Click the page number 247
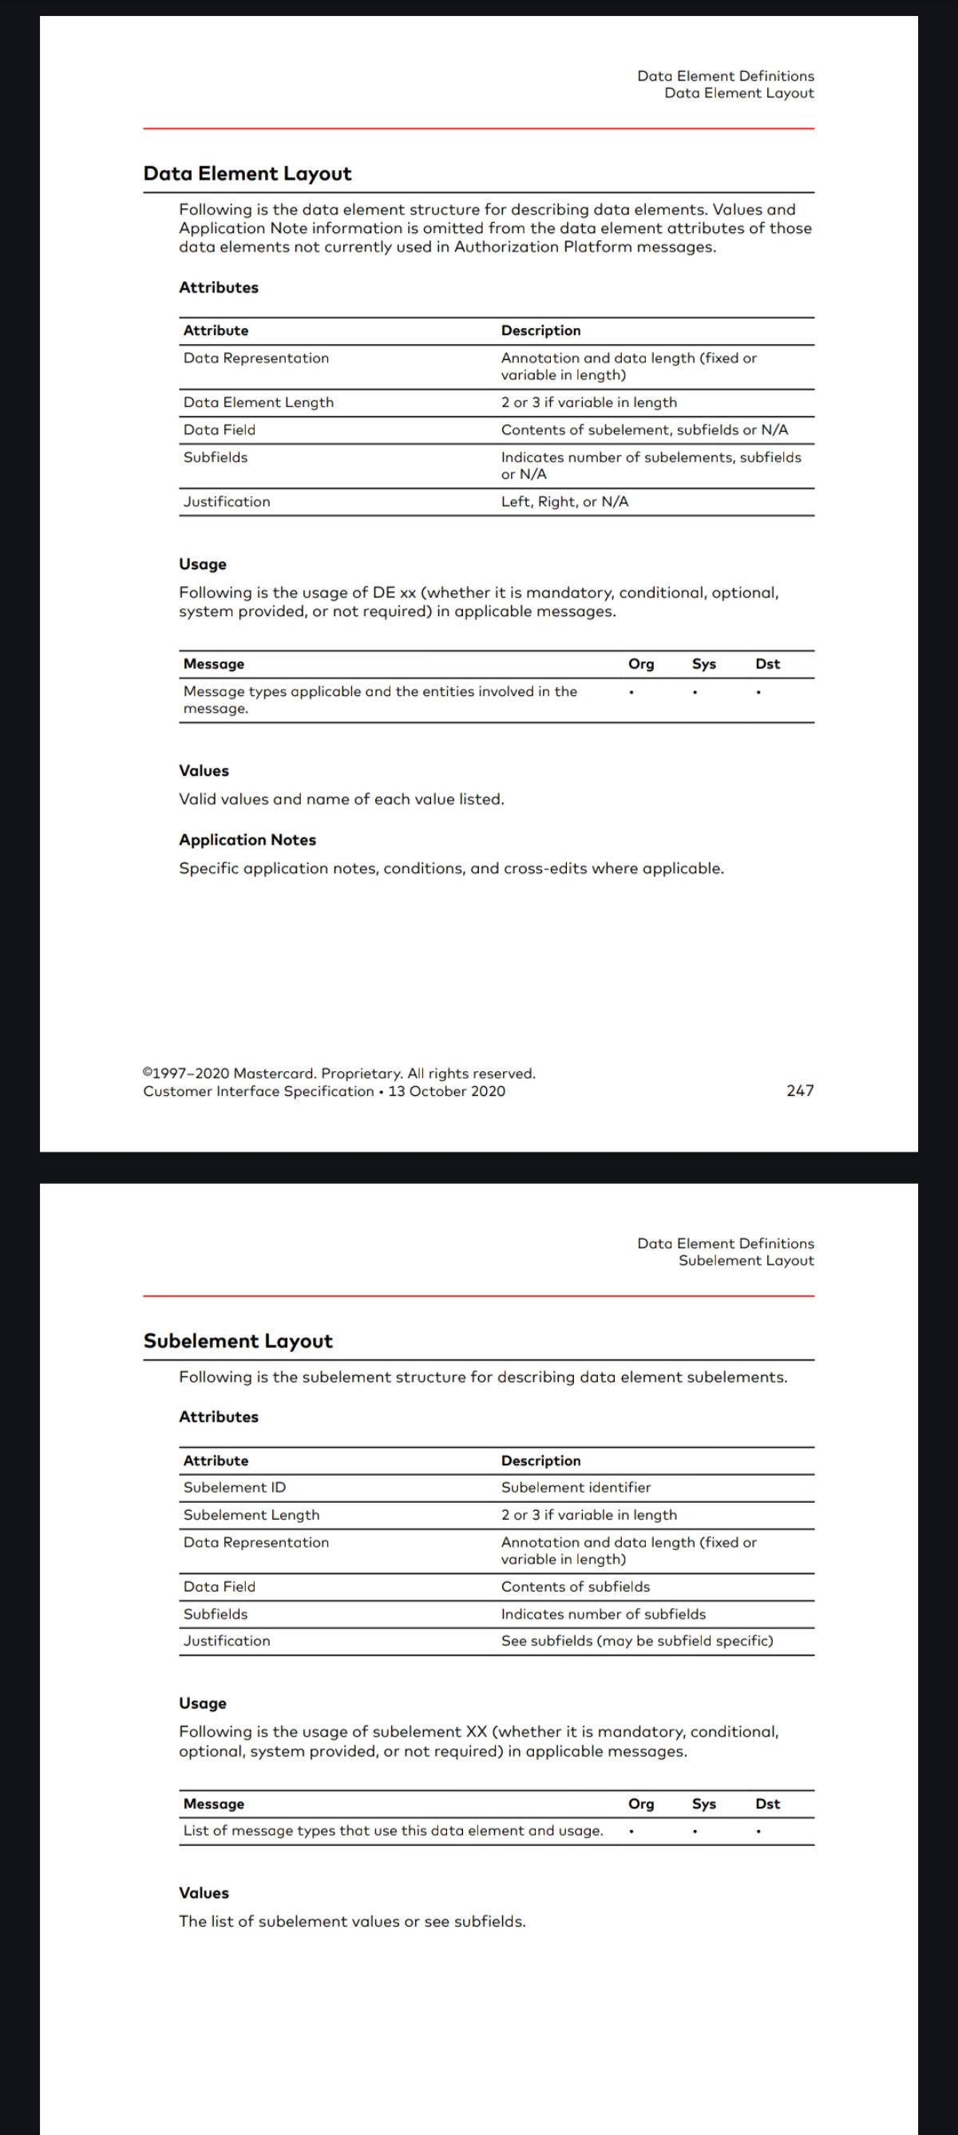(800, 1091)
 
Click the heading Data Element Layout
(247, 173)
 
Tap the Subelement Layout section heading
(238, 1341)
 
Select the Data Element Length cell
(259, 403)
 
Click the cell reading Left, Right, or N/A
(564, 502)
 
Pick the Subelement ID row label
(235, 1488)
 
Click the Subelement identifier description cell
(576, 1488)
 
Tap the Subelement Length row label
(251, 1515)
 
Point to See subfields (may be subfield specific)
(636, 1641)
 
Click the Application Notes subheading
(247, 840)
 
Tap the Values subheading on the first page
(204, 771)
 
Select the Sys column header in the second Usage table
(703, 1805)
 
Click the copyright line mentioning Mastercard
(339, 1074)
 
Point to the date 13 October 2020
(447, 1092)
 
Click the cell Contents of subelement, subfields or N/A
(644, 430)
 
